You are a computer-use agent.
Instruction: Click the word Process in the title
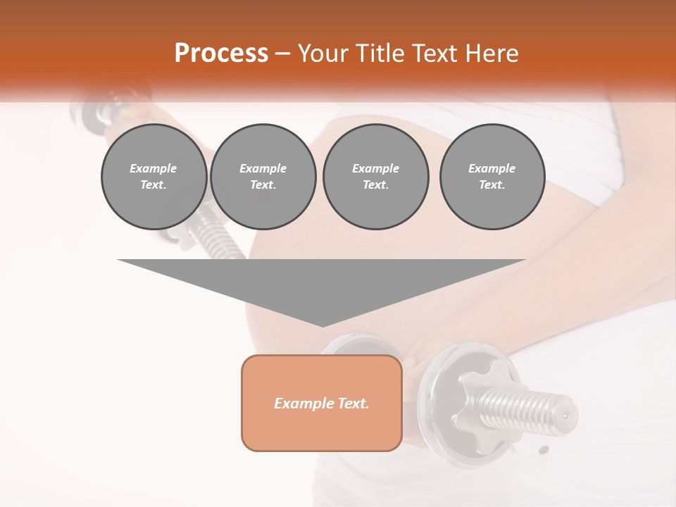point(221,54)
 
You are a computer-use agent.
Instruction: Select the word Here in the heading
point(491,54)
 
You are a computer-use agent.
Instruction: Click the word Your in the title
point(323,54)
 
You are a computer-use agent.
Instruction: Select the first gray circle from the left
point(154,177)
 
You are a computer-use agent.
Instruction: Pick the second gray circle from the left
point(263,177)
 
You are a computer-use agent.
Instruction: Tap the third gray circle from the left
point(376,177)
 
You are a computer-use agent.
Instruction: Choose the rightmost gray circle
point(492,177)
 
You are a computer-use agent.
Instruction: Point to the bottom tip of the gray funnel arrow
point(323,326)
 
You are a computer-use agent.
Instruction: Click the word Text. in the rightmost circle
point(492,185)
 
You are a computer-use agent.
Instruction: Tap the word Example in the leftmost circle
point(154,168)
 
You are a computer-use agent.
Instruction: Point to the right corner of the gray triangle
point(524,261)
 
